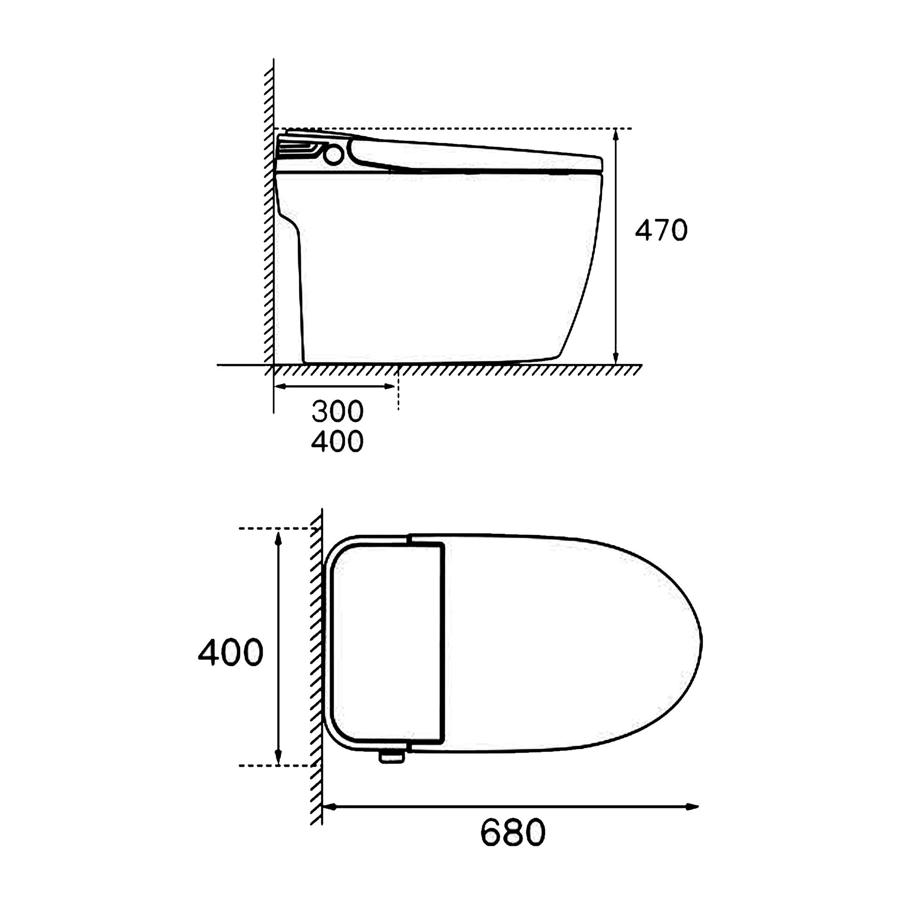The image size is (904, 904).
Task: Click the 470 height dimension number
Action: point(661,231)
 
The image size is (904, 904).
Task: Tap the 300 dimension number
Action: point(337,411)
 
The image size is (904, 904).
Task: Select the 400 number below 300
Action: point(337,442)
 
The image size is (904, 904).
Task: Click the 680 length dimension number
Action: point(513,832)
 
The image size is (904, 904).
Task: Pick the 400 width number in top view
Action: point(231,653)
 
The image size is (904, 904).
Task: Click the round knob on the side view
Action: point(334,154)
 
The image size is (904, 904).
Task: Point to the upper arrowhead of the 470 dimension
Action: point(615,135)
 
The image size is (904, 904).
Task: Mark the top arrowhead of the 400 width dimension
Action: point(278,537)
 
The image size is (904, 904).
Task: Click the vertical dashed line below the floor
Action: point(398,393)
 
